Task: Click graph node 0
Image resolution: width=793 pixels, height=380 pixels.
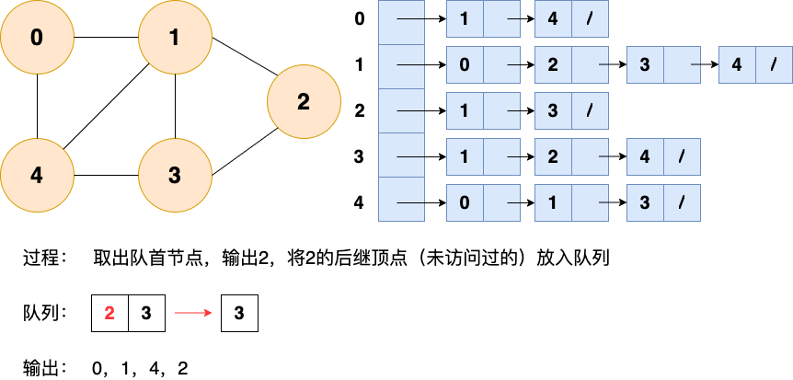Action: (37, 38)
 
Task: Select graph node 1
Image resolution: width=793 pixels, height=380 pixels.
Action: (175, 38)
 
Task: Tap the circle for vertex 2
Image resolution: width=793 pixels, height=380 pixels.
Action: (304, 101)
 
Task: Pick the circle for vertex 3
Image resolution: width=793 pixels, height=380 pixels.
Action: (175, 175)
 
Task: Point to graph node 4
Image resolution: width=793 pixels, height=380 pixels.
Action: (37, 175)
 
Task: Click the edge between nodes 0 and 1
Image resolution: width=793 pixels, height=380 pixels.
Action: (106, 38)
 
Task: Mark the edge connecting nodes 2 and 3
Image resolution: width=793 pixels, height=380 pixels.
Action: (246, 152)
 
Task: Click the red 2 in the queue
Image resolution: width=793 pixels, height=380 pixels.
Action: (109, 313)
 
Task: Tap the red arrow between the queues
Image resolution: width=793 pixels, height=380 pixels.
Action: (193, 313)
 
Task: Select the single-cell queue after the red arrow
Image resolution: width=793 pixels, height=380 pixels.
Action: (239, 313)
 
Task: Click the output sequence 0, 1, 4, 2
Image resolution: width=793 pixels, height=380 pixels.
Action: (140, 369)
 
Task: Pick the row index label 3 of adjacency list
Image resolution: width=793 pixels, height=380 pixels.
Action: (359, 156)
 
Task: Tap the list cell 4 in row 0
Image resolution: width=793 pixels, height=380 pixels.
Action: (553, 18)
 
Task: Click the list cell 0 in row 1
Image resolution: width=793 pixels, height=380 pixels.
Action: (465, 64)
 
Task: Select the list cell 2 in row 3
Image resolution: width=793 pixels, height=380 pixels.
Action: (553, 156)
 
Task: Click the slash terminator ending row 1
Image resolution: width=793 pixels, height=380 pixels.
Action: (774, 64)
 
